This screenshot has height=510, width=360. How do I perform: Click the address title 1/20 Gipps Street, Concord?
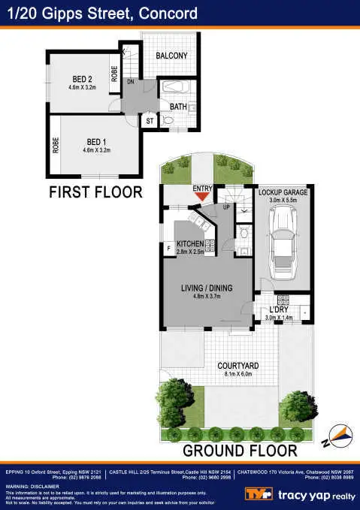[x=102, y=14]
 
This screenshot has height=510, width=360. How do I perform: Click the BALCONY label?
[x=171, y=56]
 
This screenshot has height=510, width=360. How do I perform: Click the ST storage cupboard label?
[x=150, y=119]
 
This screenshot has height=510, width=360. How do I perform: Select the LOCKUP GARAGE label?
[x=283, y=193]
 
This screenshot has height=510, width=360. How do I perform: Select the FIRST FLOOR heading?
[x=95, y=192]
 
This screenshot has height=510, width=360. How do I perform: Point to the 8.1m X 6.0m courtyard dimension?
[x=239, y=374]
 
